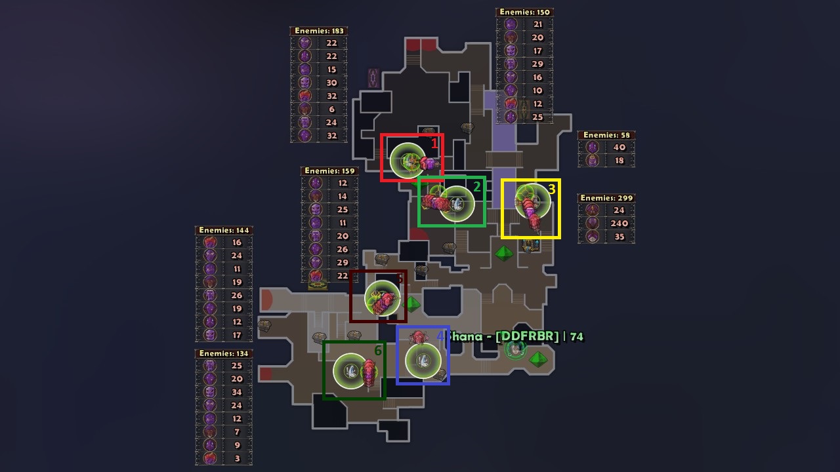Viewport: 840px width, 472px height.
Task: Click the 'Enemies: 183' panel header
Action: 319,31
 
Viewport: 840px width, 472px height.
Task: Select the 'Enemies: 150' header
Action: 524,12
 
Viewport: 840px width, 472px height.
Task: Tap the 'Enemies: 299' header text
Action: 606,198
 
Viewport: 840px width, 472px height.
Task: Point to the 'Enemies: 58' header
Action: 606,136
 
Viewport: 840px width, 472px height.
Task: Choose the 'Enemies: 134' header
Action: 224,353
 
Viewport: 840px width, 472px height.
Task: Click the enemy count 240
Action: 619,224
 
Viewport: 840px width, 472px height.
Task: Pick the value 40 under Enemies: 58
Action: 619,147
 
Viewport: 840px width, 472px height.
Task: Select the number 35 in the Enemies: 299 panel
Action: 619,237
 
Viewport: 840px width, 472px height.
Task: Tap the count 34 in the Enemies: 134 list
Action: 236,392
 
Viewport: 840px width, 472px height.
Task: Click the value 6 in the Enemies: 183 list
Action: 331,109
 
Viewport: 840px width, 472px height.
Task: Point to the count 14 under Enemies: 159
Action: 343,197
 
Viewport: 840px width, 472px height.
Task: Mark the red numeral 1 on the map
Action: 434,143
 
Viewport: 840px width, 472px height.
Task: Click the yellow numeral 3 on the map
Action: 551,189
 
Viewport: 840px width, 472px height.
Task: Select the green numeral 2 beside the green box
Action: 476,187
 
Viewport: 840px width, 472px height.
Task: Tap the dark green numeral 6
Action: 378,351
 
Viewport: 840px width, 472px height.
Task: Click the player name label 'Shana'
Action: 467,337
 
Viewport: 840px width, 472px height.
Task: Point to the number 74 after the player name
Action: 576,337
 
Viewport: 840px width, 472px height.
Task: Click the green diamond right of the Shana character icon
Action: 538,359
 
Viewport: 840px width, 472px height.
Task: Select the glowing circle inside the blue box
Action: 423,360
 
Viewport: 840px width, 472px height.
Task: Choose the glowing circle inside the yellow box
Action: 532,199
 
